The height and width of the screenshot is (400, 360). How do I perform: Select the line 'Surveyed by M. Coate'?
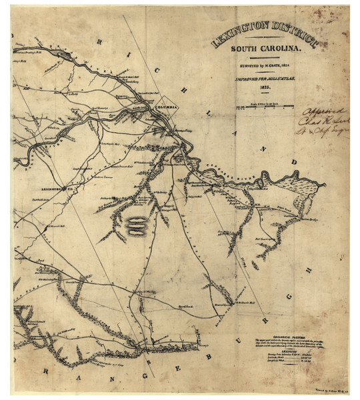[265, 68]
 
